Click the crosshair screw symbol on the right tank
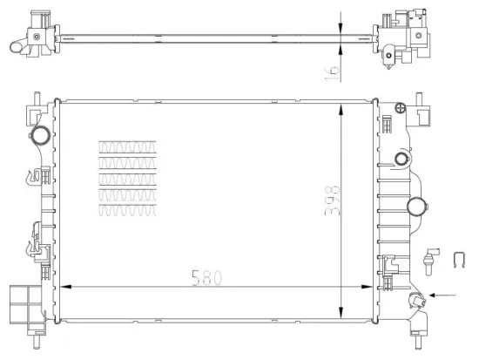400,109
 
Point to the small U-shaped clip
460,258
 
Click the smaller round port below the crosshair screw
400,159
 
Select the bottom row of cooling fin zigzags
128,210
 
